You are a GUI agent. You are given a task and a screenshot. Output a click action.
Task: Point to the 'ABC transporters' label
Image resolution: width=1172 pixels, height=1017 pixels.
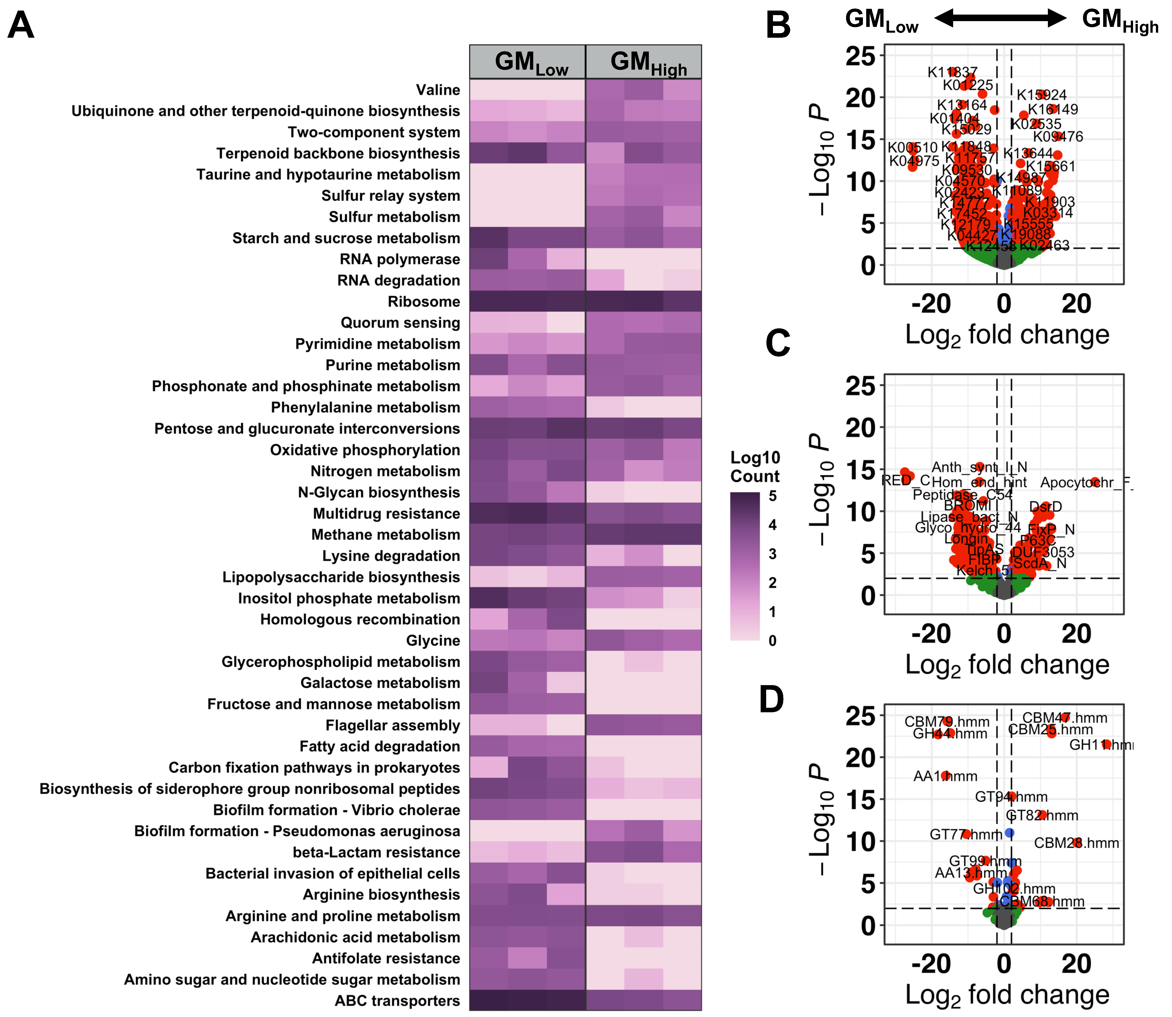point(397,1001)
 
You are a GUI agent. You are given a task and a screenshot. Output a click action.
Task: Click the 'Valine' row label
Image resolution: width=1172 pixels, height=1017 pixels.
point(438,90)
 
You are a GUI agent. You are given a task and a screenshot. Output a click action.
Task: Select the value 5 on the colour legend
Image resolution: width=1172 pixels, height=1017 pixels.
point(773,496)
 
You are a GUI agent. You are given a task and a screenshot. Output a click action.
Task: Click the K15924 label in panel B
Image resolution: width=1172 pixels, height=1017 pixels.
point(1042,95)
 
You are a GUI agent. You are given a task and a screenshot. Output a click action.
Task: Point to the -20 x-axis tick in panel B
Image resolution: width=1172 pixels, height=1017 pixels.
point(931,304)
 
